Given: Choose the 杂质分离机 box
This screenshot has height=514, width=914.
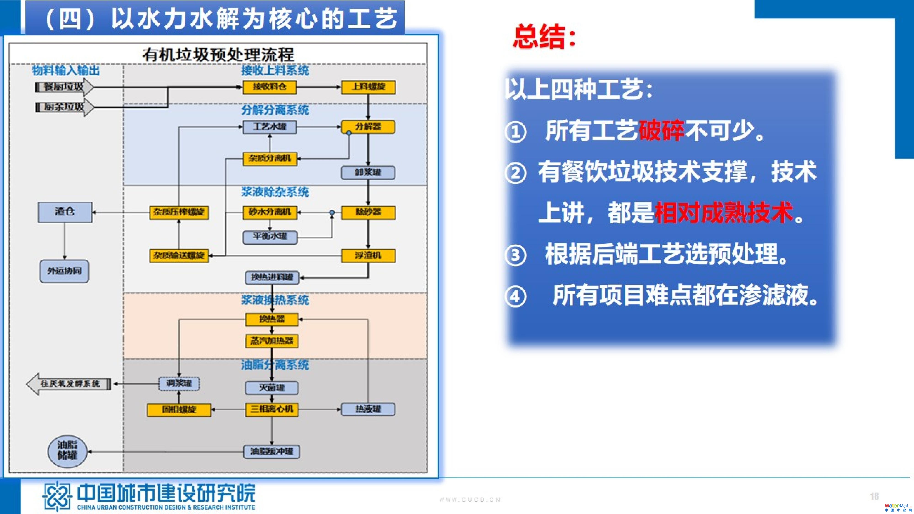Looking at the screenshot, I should pyautogui.click(x=270, y=159).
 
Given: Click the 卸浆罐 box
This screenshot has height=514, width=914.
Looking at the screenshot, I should pyautogui.click(x=368, y=173).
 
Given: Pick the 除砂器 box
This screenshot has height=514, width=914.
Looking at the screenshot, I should pyautogui.click(x=368, y=212).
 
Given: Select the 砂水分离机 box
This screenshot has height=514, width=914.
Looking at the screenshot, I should pyautogui.click(x=270, y=212).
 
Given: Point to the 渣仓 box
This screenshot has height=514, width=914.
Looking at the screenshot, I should pyautogui.click(x=65, y=212).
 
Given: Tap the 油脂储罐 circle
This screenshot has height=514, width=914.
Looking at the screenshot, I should pyautogui.click(x=67, y=451).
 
